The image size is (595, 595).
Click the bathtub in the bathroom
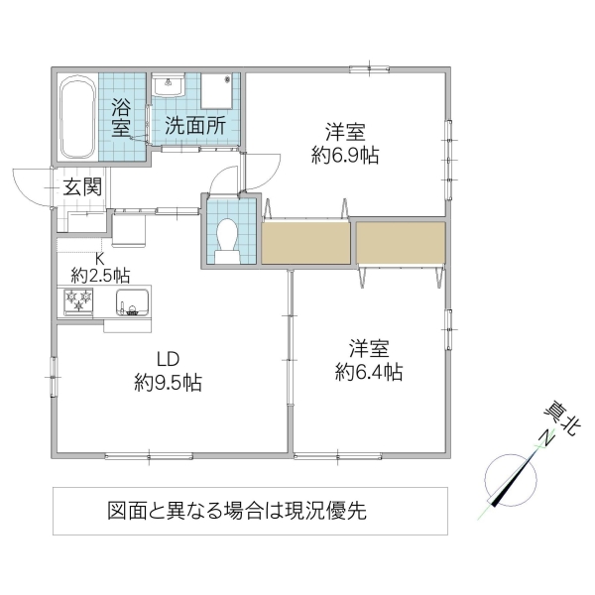pos(75,118)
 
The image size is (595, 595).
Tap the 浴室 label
pos(121,116)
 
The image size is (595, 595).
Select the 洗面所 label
pos(194,126)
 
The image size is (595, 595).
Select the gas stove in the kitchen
pos(77,300)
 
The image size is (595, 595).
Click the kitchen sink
pos(130,301)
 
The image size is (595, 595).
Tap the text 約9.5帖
pos(168,383)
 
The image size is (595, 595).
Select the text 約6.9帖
pos(345,155)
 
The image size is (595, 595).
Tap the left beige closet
pos(305,242)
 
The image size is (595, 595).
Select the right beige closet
pos(401,242)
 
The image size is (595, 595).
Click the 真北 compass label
pos(559,417)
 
